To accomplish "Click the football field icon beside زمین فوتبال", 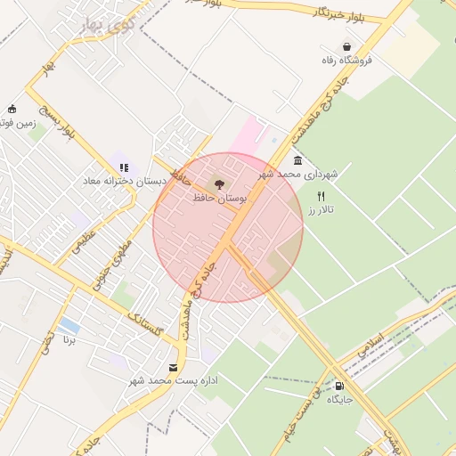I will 12,109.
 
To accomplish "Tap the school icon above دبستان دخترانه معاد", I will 124,167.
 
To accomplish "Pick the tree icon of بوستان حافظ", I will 221,183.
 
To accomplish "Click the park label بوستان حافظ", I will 220,197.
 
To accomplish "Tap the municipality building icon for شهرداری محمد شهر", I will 297,161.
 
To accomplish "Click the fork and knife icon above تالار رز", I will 322,196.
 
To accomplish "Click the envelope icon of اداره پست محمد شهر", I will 174,367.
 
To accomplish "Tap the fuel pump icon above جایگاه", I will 339,386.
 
